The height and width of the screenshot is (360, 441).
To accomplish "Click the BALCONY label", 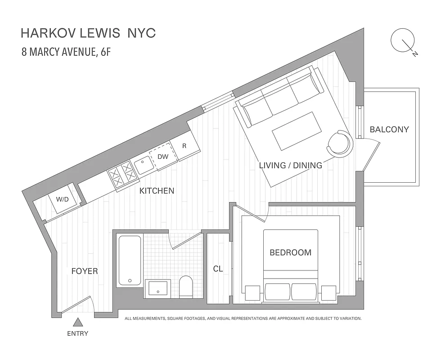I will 389,130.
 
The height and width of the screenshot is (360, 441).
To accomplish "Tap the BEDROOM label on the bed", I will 290,252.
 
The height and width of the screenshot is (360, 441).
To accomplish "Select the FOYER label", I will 85,271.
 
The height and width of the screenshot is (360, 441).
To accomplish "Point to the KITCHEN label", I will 157,191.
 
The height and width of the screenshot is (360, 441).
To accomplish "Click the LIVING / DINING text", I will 290,166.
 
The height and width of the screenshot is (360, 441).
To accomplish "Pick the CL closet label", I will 218,269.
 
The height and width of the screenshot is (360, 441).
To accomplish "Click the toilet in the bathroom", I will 185,287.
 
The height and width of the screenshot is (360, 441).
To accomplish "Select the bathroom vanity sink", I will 157,288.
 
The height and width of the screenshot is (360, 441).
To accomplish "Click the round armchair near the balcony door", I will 340,143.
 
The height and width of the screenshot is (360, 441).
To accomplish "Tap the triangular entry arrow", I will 78,322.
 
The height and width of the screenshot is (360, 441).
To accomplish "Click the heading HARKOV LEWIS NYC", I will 88,33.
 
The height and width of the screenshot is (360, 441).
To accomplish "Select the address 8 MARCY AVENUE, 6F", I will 66,52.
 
